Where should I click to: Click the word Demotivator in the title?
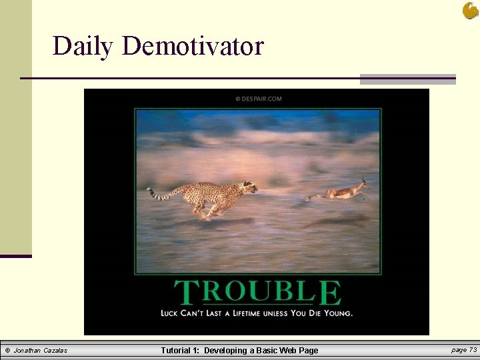pos(193,46)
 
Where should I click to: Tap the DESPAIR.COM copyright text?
pos(259,99)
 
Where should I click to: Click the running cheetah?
pos(207,197)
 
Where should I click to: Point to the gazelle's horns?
pos(363,180)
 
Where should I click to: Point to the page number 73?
pos(464,350)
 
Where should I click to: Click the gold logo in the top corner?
pos(470,10)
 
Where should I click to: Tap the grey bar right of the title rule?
pos(407,79)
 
